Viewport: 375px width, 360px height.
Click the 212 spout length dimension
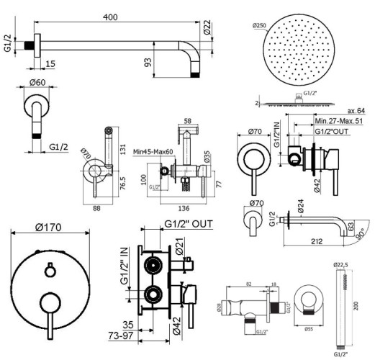point(313,243)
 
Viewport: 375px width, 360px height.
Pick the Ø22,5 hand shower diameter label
point(344,264)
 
